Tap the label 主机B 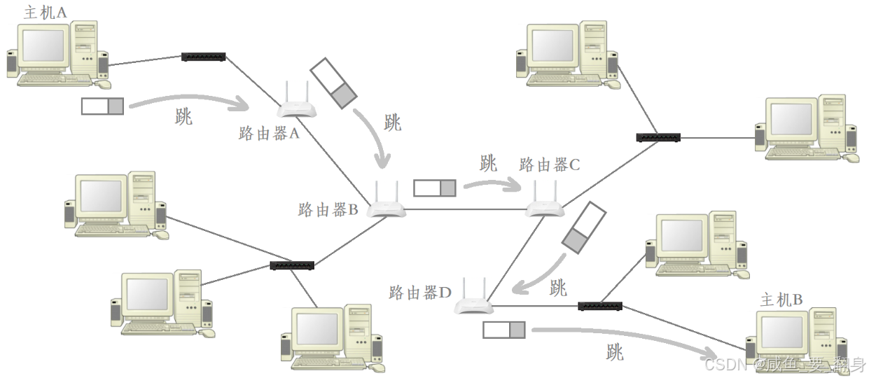pos(781,300)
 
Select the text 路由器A pos(269,134)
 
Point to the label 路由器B pos(328,209)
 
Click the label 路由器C pos(550,165)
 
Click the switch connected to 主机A pos(203,56)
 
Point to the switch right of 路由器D pos(599,306)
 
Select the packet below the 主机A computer pos(102,106)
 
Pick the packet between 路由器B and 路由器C pos(434,188)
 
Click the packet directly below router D pos(503,330)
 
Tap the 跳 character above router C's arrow pos(488,164)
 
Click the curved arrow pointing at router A pos(189,101)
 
